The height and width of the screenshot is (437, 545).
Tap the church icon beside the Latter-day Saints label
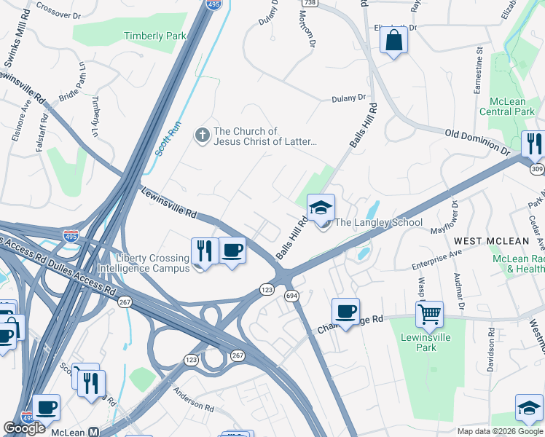[202, 135]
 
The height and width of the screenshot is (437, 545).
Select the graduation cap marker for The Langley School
[321, 208]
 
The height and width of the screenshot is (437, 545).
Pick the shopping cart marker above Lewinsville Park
[429, 315]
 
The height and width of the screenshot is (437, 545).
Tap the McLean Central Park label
[507, 106]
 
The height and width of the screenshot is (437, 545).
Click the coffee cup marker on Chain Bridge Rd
[346, 311]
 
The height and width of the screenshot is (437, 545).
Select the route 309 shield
[538, 169]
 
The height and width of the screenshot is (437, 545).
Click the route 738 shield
[310, 4]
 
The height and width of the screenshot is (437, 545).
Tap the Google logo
[25, 428]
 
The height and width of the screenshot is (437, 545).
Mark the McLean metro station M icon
[93, 432]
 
